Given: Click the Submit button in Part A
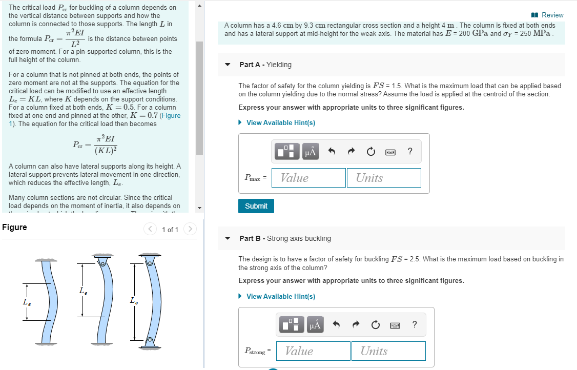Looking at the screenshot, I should tap(256, 206).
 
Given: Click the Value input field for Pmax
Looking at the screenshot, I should tap(308, 178).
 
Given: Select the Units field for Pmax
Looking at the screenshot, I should tap(384, 178).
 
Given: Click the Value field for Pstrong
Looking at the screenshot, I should tap(313, 351).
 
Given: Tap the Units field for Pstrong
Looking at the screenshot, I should tap(388, 351).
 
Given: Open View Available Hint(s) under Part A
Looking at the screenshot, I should tap(280, 122).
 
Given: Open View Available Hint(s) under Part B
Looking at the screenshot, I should tap(280, 296).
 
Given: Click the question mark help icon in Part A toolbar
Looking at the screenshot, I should tap(409, 151).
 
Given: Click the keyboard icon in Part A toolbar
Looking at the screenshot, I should tap(390, 152).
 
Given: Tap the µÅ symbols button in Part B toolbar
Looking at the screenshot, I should tap(315, 324).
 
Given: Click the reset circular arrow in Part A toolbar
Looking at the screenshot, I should tap(370, 152).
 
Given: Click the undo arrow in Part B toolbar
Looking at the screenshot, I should tap(337, 324).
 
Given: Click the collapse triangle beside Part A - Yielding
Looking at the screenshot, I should tap(229, 65).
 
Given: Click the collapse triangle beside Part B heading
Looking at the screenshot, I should tap(229, 239).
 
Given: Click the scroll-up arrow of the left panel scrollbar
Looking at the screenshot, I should tap(200, 5).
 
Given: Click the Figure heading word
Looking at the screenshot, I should tap(14, 227).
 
